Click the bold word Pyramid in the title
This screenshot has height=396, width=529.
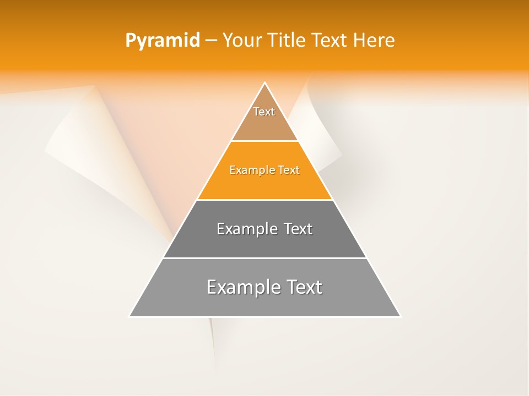pos(162,41)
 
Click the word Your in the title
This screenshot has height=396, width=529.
pos(242,41)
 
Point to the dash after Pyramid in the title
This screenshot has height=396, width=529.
pos(210,41)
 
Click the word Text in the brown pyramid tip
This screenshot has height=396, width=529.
pos(264,112)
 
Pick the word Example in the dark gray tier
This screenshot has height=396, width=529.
pos(242,229)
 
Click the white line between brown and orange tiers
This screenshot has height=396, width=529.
pos(264,141)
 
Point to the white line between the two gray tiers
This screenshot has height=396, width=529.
pos(264,258)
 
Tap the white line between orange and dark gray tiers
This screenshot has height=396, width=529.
pos(264,200)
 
